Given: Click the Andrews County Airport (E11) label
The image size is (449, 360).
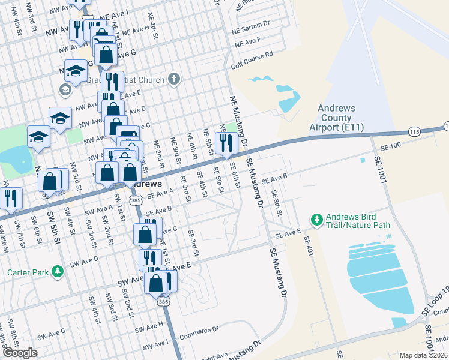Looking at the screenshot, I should point(340,118).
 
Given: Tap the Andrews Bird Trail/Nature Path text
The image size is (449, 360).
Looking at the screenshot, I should point(358,221).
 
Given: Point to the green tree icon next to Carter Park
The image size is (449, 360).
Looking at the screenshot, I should point(58,272).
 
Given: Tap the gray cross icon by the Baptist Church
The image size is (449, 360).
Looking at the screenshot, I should point(174,79).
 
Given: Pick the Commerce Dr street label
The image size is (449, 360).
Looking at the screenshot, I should point(199,331).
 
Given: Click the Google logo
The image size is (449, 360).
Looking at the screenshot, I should point(20,353).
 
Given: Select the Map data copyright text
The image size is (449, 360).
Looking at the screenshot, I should point(423,355).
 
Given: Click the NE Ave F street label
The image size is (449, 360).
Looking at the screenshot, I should point(248,43).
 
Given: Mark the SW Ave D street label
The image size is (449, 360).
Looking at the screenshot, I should point(84,262).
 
